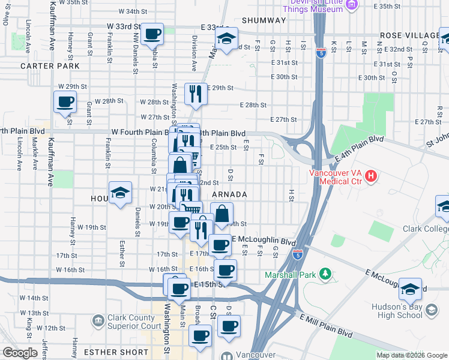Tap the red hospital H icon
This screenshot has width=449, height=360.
(371, 176)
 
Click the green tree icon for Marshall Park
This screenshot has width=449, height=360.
(326, 274)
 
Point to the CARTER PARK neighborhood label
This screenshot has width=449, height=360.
(49, 66)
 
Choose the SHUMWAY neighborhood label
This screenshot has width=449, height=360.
(264, 20)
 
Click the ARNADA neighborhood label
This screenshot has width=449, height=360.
(229, 194)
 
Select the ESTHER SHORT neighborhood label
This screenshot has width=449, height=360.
(116, 352)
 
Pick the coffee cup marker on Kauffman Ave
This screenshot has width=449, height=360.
(65, 101)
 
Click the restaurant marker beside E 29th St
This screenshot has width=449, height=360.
(195, 92)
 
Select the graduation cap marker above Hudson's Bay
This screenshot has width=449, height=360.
(411, 289)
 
